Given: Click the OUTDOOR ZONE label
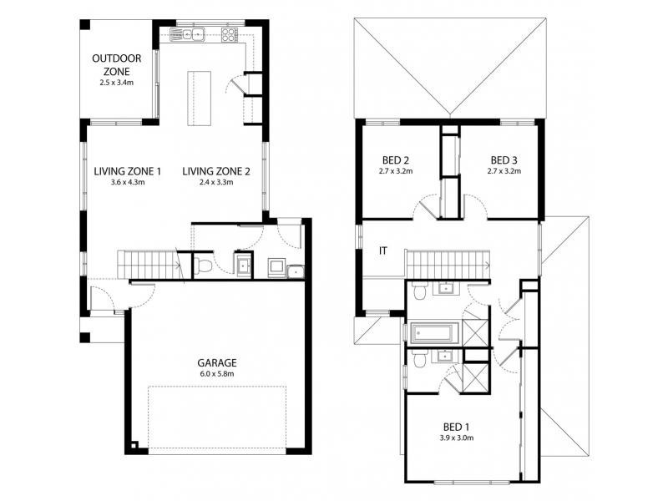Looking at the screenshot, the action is click(116, 65).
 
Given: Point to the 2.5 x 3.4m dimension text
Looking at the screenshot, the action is click(116, 83).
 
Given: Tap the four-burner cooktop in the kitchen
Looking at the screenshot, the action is click(229, 34).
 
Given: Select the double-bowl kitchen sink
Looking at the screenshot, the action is click(187, 34).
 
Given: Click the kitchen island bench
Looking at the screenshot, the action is click(200, 99).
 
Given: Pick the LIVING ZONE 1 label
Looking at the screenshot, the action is click(128, 171).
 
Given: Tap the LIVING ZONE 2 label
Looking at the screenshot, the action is click(216, 171).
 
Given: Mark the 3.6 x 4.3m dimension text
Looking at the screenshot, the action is click(128, 182).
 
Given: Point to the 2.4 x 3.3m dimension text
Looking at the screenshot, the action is click(216, 182).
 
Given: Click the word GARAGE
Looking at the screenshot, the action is click(217, 363).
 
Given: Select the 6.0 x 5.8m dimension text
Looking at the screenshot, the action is click(217, 374).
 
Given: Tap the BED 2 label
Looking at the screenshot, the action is click(395, 160).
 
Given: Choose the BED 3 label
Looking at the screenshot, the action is click(504, 160).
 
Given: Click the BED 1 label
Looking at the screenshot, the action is click(456, 427).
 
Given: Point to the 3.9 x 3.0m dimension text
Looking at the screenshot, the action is click(456, 438).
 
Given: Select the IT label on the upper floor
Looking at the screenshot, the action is click(383, 251).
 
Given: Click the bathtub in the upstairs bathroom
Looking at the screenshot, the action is click(434, 331).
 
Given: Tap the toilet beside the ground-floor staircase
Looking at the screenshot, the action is click(203, 266).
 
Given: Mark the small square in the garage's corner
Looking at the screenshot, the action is click(134, 446).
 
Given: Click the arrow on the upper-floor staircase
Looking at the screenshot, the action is click(488, 265).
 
